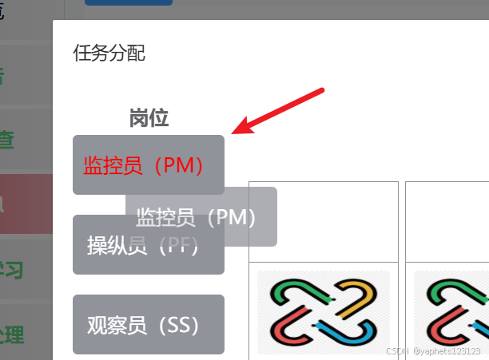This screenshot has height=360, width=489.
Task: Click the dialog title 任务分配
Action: pyautogui.click(x=109, y=54)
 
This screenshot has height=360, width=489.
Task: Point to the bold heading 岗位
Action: pyautogui.click(x=149, y=118)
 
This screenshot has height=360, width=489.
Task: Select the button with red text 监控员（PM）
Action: pyautogui.click(x=144, y=165)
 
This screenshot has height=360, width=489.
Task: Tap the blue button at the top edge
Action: pyautogui.click(x=128, y=2)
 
